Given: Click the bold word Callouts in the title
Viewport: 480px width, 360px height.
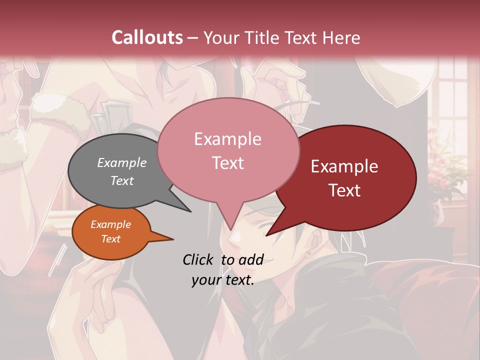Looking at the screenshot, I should (x=147, y=38).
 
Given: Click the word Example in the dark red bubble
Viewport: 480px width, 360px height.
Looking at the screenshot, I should (x=344, y=166).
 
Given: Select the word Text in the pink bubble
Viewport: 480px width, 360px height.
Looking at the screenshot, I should (x=228, y=163).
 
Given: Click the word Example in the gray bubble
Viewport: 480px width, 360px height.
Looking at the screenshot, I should (x=122, y=162).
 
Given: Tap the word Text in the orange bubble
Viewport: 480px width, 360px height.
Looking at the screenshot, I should (x=111, y=239).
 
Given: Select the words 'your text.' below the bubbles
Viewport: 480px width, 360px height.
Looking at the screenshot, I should (x=223, y=280).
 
